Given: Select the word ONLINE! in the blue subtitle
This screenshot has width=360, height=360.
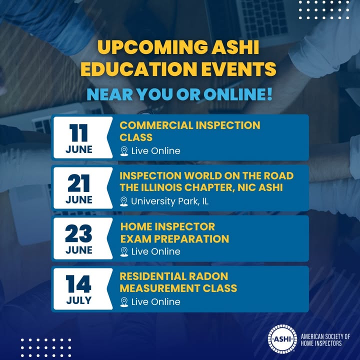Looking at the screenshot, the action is click(238, 94).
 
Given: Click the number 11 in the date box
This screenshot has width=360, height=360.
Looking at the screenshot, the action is click(78, 132).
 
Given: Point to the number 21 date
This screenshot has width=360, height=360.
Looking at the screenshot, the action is click(78, 183).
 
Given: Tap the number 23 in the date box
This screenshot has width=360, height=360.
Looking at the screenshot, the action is click(78, 233).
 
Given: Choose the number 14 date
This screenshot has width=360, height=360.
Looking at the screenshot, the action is click(78, 284).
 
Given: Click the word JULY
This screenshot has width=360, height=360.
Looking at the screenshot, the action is click(79, 300).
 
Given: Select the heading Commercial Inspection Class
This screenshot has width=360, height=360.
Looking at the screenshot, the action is click(190, 131).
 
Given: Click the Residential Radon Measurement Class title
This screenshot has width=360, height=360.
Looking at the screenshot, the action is click(178, 282).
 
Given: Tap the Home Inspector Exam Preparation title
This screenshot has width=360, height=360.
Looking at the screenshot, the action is click(174, 232).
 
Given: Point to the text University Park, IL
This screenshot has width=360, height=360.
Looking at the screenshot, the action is click(169, 201).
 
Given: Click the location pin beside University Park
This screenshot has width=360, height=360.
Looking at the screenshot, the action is click(124, 201).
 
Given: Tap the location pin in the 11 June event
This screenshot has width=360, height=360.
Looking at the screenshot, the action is click(124, 151).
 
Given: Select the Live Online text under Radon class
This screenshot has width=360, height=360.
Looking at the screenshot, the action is click(155, 302).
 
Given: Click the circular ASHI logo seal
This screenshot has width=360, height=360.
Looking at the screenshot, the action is click(282, 339).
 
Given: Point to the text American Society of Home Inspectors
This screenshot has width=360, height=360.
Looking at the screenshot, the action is click(325, 340).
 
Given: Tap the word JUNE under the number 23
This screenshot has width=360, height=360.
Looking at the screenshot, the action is click(79, 250).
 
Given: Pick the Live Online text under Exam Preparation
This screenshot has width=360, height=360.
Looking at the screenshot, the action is click(155, 251).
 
